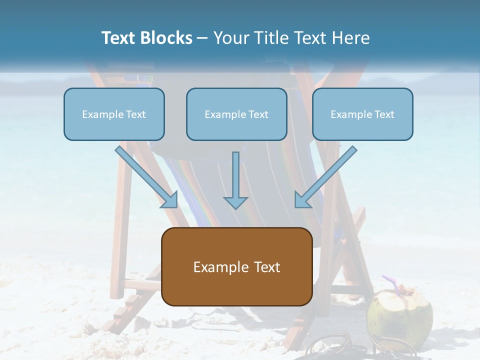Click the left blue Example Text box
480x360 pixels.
(114, 114)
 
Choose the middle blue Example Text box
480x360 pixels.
(236, 114)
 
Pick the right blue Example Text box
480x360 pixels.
(362, 114)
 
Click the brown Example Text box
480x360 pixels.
(236, 266)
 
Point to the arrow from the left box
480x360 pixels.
(145, 175)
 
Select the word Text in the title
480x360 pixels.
(120, 38)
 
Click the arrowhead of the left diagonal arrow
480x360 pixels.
(169, 200)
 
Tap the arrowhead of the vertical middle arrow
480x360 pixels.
(235, 202)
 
